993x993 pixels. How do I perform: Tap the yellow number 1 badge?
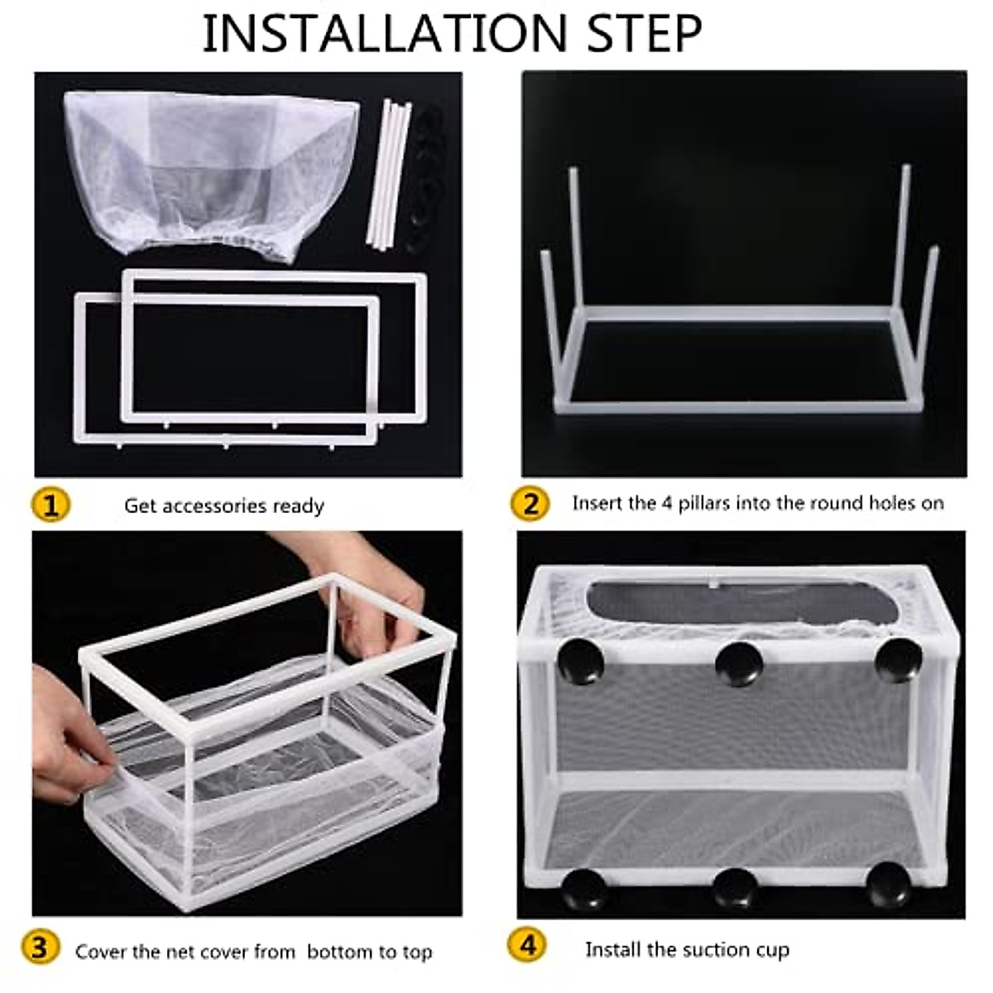(x=50, y=504)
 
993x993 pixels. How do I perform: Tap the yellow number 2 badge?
(x=530, y=504)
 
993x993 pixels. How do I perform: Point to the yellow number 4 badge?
(x=528, y=946)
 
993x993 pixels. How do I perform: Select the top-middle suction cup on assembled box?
(x=738, y=662)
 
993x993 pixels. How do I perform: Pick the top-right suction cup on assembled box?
(x=897, y=659)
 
